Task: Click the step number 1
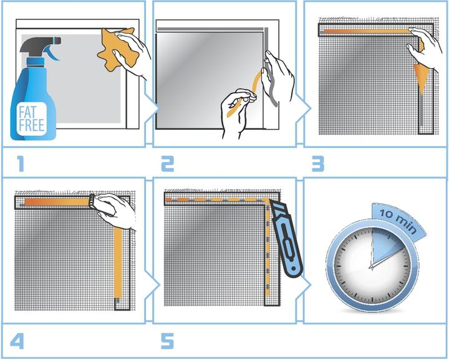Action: pyautogui.click(x=21, y=163)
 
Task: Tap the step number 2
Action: pyautogui.click(x=168, y=163)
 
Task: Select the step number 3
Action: pyautogui.click(x=318, y=163)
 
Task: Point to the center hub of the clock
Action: pyautogui.click(x=372, y=267)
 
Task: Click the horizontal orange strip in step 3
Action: pyautogui.click(x=368, y=30)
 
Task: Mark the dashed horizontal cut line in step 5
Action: pyautogui.click(x=215, y=199)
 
